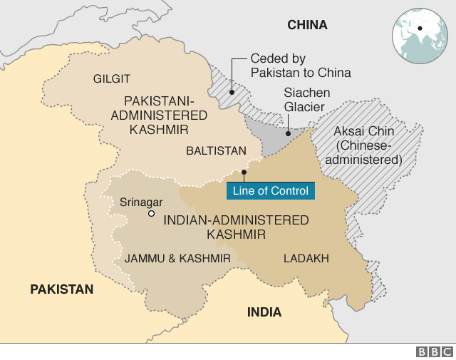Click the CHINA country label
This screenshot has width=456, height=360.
tap(307, 25)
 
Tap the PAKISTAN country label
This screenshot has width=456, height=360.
tap(61, 289)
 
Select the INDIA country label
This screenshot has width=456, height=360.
tap(264, 312)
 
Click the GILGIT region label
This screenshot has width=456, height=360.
tap(112, 78)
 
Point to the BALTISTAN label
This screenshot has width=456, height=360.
tap(216, 150)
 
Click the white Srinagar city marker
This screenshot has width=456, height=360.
tap(151, 213)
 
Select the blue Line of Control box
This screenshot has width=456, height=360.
tap(270, 190)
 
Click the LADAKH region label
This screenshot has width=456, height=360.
tap(306, 258)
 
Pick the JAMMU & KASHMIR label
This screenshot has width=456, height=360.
tap(177, 258)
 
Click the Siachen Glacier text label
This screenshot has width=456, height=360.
tap(304, 100)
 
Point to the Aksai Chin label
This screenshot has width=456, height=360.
tap(368, 145)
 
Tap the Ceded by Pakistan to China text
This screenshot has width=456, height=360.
tap(300, 66)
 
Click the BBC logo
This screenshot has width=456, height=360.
tap(434, 351)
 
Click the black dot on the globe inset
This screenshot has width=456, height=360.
tap(420, 29)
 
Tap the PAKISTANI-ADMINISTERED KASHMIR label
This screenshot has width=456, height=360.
tap(165, 115)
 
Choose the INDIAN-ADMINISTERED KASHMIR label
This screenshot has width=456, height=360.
tap(236, 227)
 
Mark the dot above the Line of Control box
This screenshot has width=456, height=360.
tap(244, 172)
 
